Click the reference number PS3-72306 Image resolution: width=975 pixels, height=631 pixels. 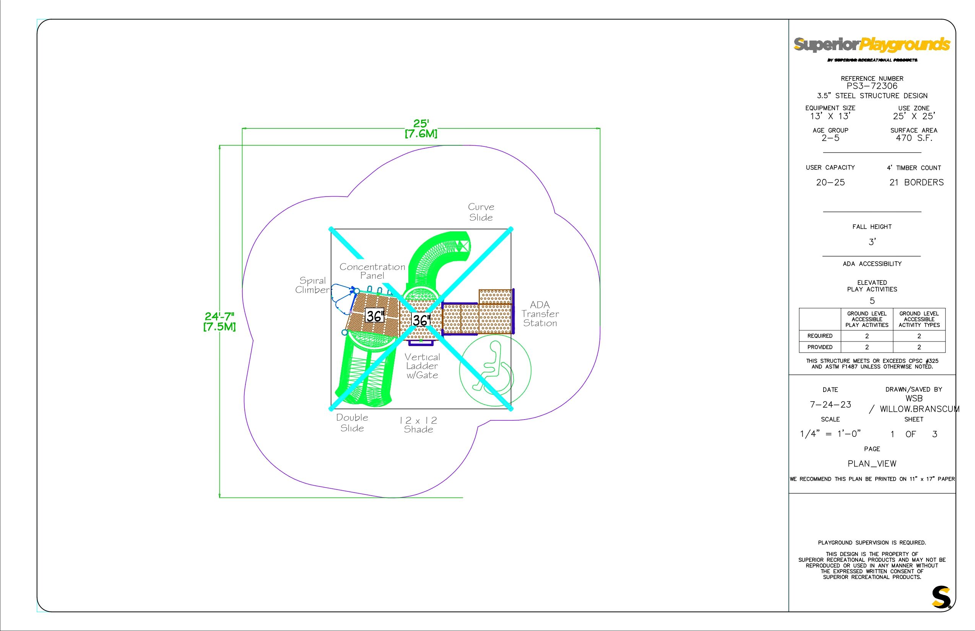[872, 86]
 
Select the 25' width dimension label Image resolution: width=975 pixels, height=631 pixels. [421, 128]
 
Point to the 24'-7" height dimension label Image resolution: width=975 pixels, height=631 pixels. [219, 322]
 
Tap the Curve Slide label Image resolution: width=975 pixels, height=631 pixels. [481, 212]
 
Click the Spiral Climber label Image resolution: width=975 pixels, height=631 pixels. [313, 285]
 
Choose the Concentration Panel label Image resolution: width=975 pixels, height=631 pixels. [372, 271]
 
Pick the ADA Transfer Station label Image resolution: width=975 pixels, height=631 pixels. [540, 314]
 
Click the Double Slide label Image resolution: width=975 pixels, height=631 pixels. [352, 423]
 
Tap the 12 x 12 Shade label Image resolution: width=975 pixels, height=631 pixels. [418, 425]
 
